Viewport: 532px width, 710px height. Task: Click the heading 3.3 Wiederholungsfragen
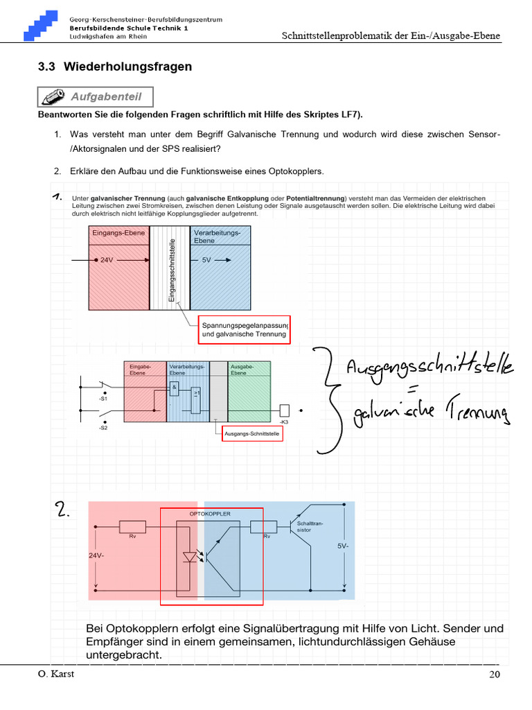coord(115,67)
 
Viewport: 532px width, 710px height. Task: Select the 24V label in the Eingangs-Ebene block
coord(106,260)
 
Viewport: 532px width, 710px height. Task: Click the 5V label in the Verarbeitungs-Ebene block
coord(206,260)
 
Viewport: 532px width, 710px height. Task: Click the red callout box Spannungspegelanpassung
coord(244,329)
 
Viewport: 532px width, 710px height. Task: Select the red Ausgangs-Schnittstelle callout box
coord(253,433)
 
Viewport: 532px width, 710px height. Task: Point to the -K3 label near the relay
coord(284,422)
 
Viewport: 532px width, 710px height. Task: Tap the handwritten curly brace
coord(325,399)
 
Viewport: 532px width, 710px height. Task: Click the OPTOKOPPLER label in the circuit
coord(210,514)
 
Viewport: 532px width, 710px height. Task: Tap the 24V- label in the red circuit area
coord(96,555)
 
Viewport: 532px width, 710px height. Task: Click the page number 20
coord(493,675)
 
